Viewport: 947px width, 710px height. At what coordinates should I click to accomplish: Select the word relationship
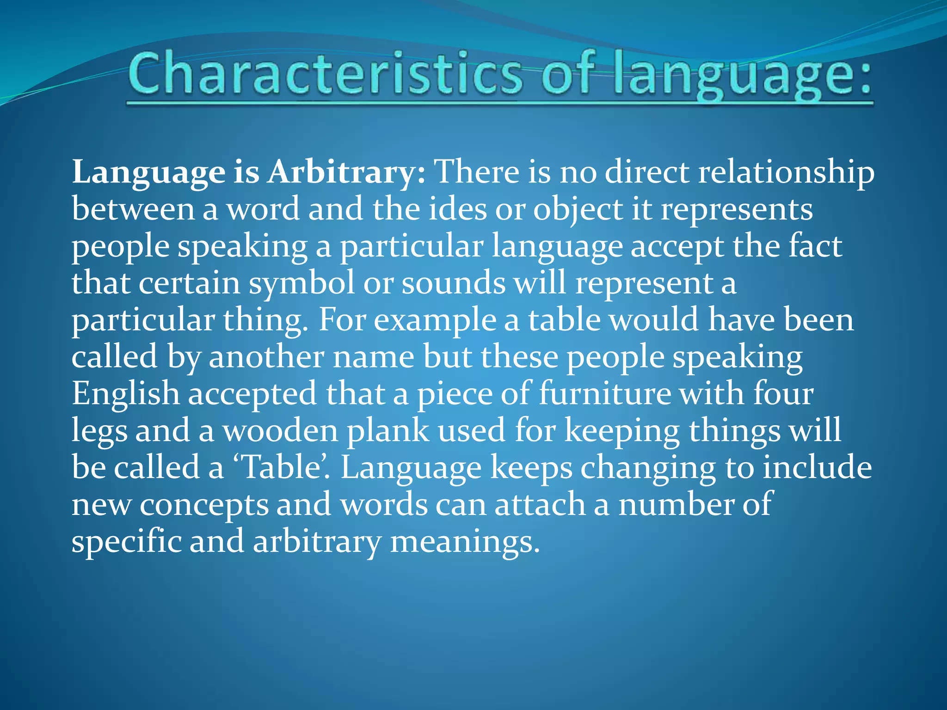click(x=786, y=172)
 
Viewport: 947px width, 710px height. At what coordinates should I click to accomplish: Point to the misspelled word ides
click(x=457, y=209)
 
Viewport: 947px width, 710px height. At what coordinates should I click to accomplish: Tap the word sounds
click(x=454, y=283)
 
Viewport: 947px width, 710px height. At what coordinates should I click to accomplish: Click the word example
click(x=435, y=320)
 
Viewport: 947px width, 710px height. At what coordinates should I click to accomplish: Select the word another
click(x=266, y=357)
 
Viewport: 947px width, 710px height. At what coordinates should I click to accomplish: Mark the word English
click(x=125, y=394)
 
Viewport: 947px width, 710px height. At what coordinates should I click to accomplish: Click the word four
click(x=783, y=394)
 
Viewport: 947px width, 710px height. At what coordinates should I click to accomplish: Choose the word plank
click(x=388, y=431)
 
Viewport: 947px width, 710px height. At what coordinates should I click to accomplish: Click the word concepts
click(x=204, y=505)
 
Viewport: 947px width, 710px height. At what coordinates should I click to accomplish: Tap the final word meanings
click(x=465, y=542)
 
